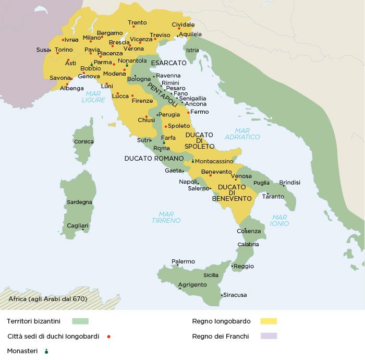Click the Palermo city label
tap(183, 261)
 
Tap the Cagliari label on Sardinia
tap(77, 225)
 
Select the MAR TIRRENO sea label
tap(166, 217)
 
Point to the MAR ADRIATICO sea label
tap(242, 134)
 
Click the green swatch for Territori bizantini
tap(80, 321)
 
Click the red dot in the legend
tap(108, 337)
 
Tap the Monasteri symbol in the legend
tap(46, 352)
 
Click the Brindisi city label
tap(290, 183)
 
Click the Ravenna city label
tap(168, 76)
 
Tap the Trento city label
tap(137, 22)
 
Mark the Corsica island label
tap(83, 141)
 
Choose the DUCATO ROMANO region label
tap(154, 158)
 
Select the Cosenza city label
tap(249, 231)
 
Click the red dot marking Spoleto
tap(166, 126)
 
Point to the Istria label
tap(192, 50)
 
